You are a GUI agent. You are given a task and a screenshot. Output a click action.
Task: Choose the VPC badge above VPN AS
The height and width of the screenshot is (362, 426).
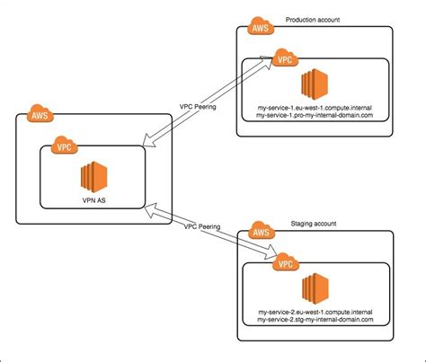[63, 145]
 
